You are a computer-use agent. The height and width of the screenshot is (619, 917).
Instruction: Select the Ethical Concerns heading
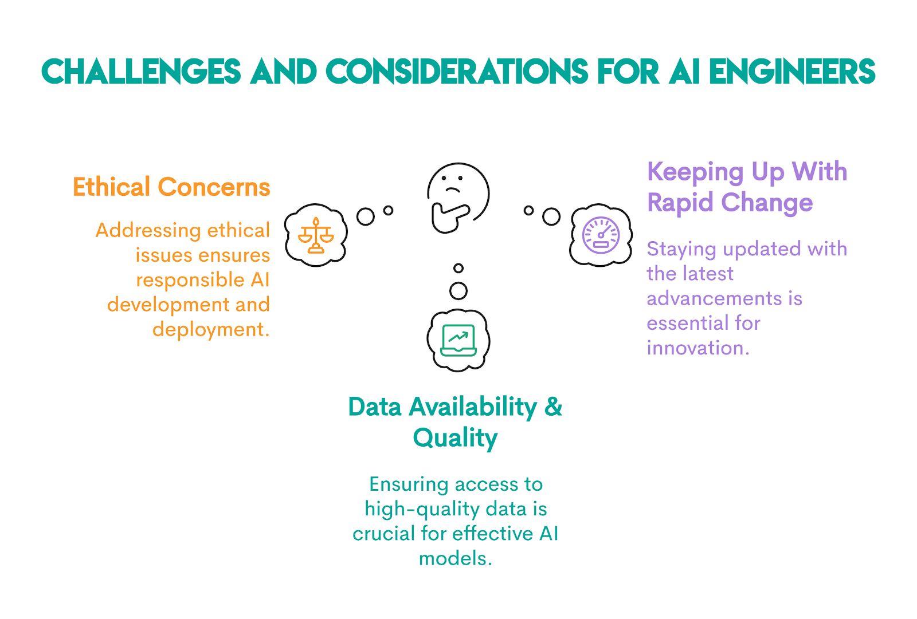(x=171, y=187)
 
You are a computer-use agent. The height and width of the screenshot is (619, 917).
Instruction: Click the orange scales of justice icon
(x=315, y=235)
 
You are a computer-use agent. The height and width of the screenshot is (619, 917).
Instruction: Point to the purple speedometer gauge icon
(x=601, y=235)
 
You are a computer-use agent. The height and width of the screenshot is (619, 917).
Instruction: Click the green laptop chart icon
(x=458, y=340)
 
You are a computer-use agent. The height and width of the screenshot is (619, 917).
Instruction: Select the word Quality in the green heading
(x=455, y=438)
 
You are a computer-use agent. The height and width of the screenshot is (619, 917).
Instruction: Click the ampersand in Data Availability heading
(x=553, y=407)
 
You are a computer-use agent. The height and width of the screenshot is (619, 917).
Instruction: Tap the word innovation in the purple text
(x=697, y=348)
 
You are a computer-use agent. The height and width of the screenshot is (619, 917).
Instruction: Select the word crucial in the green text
(x=383, y=534)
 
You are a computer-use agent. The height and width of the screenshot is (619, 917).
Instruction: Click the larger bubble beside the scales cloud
(x=366, y=216)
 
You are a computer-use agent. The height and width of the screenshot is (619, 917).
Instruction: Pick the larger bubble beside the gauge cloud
(x=551, y=216)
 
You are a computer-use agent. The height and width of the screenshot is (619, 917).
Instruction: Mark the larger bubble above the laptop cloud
(x=458, y=291)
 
